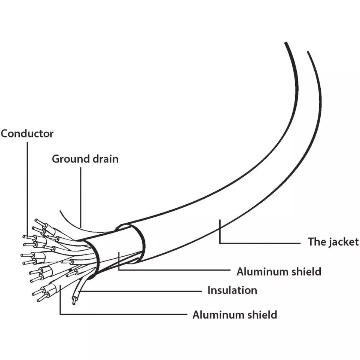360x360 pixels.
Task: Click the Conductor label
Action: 27,134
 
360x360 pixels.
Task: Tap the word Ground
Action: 67,159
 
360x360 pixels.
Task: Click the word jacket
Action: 344,242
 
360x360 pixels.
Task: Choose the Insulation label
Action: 232,290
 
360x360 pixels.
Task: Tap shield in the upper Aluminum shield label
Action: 306,271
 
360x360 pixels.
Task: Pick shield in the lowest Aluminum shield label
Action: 263,315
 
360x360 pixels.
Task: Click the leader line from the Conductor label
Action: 27,187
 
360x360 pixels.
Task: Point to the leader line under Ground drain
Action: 81,195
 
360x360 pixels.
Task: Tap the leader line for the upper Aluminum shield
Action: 176,269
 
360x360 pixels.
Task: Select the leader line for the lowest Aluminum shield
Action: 123,314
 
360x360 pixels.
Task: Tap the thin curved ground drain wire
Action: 71,221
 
